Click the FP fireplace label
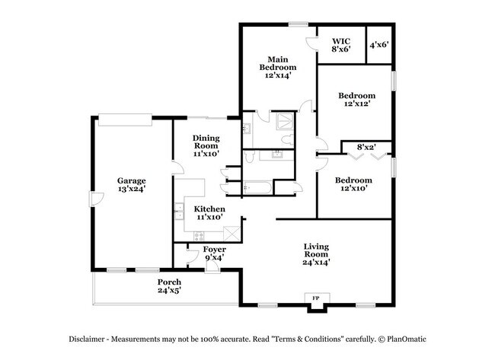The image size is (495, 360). tap(315, 298)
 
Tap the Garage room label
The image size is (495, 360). tap(131, 185)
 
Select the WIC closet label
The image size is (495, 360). tap(341, 45)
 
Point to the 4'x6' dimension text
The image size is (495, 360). tap(378, 45)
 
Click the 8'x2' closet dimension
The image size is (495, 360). tap(366, 147)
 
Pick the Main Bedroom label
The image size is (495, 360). tap(278, 68)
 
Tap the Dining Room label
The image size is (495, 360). tap(206, 146)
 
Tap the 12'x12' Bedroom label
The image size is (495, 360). tap(356, 100)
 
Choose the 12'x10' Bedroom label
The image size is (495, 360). tap(353, 184)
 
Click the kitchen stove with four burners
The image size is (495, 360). tap(199, 236)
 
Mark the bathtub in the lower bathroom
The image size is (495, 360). tap(257, 188)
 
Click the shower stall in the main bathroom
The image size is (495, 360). tap(285, 121)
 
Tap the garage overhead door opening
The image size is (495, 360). tap(125, 120)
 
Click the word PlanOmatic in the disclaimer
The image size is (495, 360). tap(407, 339)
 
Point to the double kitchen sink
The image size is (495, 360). tap(179, 211)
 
